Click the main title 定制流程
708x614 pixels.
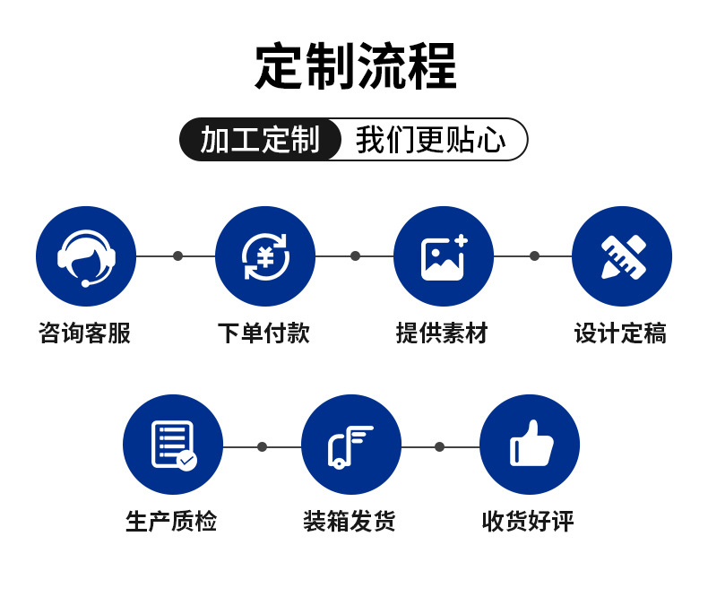(355, 66)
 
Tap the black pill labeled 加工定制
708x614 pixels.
(260, 140)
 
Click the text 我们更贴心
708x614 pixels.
(431, 140)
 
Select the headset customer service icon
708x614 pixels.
(86, 256)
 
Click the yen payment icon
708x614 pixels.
(265, 256)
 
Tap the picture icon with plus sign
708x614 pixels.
(444, 256)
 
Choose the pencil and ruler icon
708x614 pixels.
(622, 256)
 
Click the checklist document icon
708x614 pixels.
(173, 445)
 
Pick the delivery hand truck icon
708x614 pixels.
(351, 445)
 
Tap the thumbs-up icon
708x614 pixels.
(530, 445)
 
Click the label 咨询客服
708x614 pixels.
(85, 333)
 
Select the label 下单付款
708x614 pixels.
(264, 333)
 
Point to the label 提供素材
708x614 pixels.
(443, 333)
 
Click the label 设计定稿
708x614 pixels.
(621, 333)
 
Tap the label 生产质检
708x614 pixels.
(172, 521)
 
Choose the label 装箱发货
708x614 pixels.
(350, 521)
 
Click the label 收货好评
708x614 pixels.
(528, 521)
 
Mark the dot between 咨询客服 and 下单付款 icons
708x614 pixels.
(177, 255)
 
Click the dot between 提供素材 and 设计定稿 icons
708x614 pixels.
(534, 255)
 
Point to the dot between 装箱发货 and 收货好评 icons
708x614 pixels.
(439, 446)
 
